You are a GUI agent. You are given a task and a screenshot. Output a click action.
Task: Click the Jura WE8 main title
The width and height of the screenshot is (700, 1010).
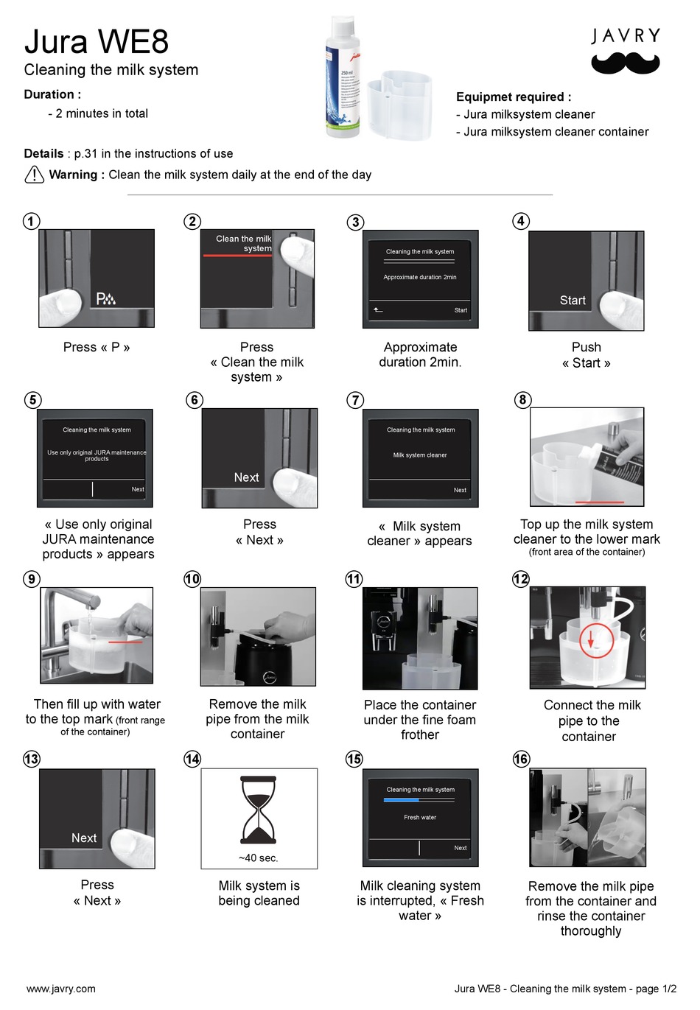pyautogui.click(x=97, y=42)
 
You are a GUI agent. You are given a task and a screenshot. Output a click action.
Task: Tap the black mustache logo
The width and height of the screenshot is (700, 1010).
pyautogui.click(x=625, y=64)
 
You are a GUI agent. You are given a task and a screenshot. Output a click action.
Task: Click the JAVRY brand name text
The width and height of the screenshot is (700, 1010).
pyautogui.click(x=626, y=35)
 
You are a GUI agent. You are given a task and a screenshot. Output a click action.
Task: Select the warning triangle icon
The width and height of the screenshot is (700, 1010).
pyautogui.click(x=35, y=175)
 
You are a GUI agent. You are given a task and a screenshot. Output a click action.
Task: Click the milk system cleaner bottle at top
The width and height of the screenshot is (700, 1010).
pyautogui.click(x=343, y=77)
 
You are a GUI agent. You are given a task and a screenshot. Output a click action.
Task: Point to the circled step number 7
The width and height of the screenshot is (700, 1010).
pyautogui.click(x=355, y=400)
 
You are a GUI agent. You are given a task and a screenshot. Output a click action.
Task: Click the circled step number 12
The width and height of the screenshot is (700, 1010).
pyautogui.click(x=521, y=579)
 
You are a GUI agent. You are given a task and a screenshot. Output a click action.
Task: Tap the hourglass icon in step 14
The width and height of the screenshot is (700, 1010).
pyautogui.click(x=259, y=810)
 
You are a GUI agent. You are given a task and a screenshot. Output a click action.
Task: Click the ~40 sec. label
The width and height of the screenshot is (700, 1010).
pyautogui.click(x=259, y=858)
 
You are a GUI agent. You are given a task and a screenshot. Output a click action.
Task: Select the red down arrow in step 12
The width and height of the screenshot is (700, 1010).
pyautogui.click(x=591, y=638)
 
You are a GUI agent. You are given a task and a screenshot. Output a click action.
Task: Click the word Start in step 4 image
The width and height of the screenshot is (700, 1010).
pyautogui.click(x=573, y=301)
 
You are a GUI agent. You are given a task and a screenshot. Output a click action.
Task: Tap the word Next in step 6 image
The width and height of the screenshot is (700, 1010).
pyautogui.click(x=246, y=477)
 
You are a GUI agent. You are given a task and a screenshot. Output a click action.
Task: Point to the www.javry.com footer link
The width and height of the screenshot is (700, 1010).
pyautogui.click(x=61, y=989)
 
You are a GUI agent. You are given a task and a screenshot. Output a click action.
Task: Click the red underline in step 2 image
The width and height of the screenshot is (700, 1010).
pyautogui.click(x=237, y=256)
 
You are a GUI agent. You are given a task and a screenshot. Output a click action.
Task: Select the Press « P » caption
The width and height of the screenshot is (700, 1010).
pyautogui.click(x=97, y=347)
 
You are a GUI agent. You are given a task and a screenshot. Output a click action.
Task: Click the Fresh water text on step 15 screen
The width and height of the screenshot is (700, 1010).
pyautogui.click(x=420, y=817)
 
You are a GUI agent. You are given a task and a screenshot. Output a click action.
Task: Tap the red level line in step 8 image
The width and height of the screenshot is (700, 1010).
pyautogui.click(x=599, y=502)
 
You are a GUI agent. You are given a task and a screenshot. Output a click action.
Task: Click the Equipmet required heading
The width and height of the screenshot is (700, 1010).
pyautogui.click(x=514, y=97)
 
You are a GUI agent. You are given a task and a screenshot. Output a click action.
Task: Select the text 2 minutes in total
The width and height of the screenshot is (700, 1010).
pyautogui.click(x=102, y=113)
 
